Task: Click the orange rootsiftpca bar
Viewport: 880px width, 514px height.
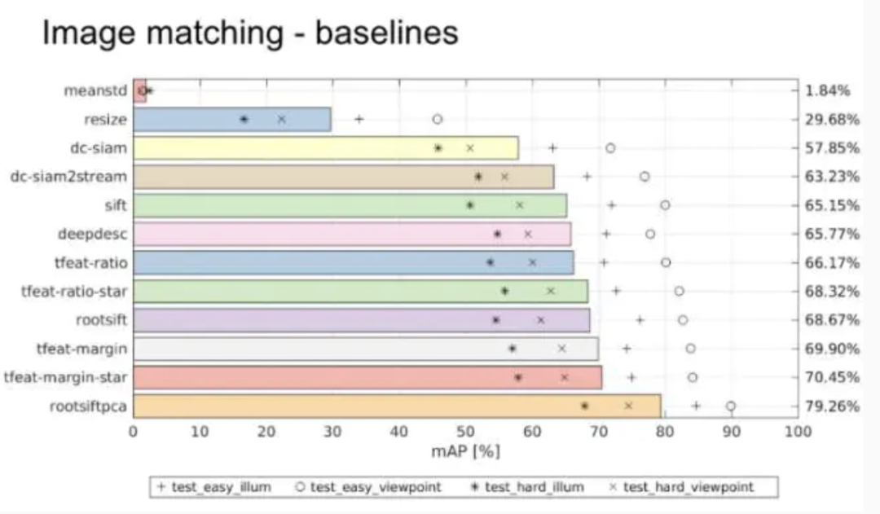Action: pyautogui.click(x=397, y=406)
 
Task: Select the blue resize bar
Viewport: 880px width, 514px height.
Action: pyautogui.click(x=231, y=119)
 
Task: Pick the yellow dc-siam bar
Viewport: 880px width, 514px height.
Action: pyautogui.click(x=325, y=147)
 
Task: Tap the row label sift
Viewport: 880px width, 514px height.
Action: pyautogui.click(x=116, y=205)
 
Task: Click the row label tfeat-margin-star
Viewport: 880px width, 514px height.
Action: pyautogui.click(x=65, y=377)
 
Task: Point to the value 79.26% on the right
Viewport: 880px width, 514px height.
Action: pyautogui.click(x=832, y=406)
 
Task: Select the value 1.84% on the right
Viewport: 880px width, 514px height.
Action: pyautogui.click(x=828, y=90)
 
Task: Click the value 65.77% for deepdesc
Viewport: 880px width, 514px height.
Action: pyautogui.click(x=832, y=234)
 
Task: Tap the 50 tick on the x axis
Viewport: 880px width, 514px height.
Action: pyautogui.click(x=465, y=432)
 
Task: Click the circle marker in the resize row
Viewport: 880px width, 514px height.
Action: pyautogui.click(x=437, y=119)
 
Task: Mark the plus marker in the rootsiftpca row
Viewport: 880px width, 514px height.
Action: pyautogui.click(x=696, y=406)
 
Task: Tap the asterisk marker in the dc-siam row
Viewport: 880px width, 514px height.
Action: pyautogui.click(x=438, y=147)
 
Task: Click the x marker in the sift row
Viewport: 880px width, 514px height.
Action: pyautogui.click(x=520, y=205)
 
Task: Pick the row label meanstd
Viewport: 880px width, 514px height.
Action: pyautogui.click(x=95, y=90)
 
